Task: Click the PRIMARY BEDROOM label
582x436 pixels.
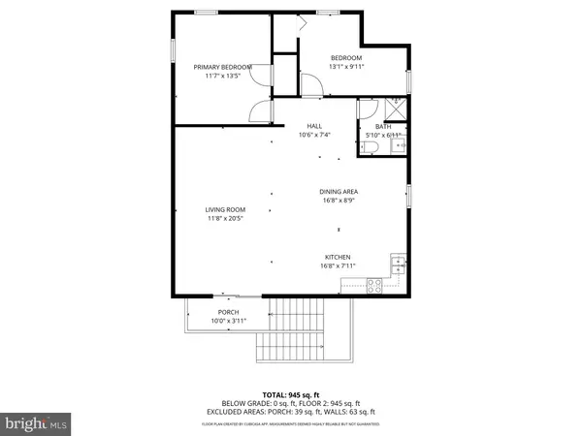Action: (222, 67)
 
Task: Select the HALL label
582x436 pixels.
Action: (314, 126)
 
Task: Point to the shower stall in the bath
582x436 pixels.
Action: (396, 109)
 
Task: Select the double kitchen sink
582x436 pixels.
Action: (397, 263)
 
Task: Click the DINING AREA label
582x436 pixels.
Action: (339, 192)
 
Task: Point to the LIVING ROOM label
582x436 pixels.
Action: (224, 210)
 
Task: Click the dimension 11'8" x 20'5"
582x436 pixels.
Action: (224, 219)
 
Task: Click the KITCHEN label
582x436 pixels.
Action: (338, 257)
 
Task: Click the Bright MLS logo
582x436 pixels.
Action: (36, 421)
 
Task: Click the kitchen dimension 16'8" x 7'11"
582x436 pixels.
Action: (339, 265)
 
